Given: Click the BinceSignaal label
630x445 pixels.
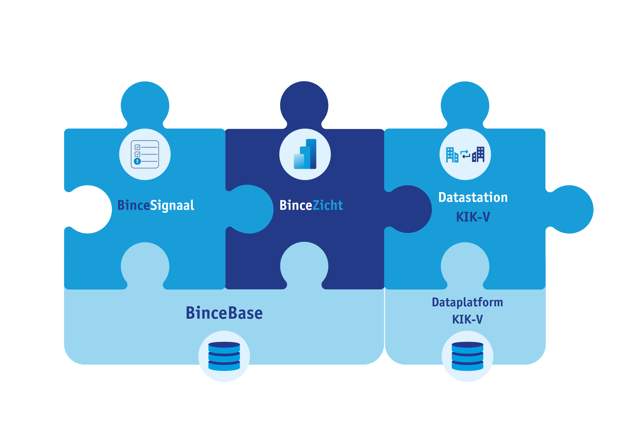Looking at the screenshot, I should tap(156, 205).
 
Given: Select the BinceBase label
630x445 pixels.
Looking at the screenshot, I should tap(224, 313).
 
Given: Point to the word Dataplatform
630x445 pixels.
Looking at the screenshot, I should tap(467, 302).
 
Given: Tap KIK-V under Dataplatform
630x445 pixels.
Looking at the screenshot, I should tap(467, 319).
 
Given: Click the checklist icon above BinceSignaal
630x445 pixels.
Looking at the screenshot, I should tap(145, 154).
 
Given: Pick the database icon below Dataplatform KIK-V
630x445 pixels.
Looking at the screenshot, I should tap(467, 356).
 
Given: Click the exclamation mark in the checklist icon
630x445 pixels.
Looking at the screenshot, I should tap(137, 161).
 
